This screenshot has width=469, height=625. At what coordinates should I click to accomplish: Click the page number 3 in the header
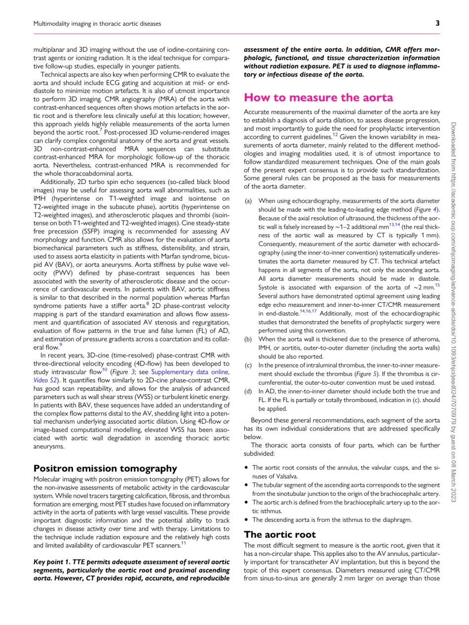(430, 23)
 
